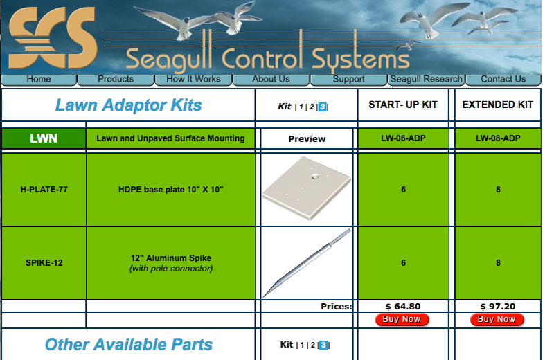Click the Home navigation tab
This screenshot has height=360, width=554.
click(39, 80)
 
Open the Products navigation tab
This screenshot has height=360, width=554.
click(116, 80)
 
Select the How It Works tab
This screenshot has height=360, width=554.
click(194, 80)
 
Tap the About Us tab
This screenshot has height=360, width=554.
click(271, 80)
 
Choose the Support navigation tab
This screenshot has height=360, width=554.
click(348, 80)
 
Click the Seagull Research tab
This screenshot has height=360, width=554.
click(426, 80)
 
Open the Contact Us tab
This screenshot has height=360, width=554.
click(503, 80)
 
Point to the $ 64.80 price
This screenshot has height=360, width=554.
click(403, 306)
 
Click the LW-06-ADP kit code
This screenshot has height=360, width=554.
click(403, 138)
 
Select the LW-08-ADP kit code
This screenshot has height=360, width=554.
click(498, 138)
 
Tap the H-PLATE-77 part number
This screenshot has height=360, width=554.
click(44, 189)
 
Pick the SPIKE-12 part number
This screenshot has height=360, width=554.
click(44, 263)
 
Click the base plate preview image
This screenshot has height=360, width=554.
click(306, 189)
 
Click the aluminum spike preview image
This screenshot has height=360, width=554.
click(306, 263)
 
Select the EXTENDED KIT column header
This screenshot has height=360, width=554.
click(498, 105)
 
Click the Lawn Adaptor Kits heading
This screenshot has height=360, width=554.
click(129, 105)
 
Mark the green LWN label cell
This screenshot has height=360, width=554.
click(44, 138)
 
